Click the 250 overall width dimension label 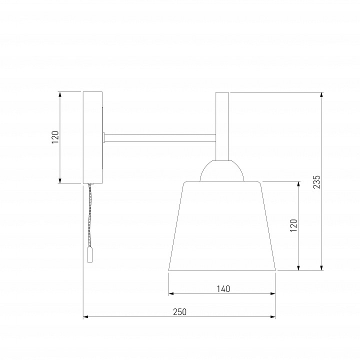[x=180, y=312]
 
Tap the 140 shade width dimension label [x=223, y=289]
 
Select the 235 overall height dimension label [x=316, y=182]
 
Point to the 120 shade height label [x=293, y=225]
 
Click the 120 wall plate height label [x=55, y=137]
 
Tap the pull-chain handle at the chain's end [x=90, y=254]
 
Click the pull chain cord [x=90, y=215]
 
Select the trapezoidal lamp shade [x=222, y=226]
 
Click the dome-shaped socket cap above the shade [x=222, y=170]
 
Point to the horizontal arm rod [x=160, y=138]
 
